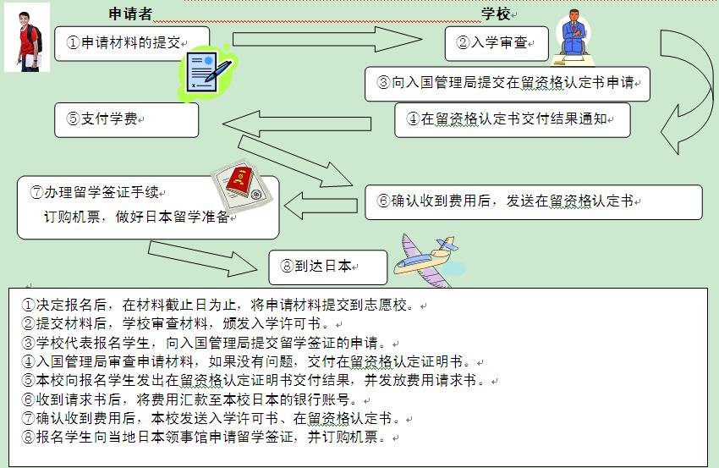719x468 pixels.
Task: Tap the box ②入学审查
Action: click(x=496, y=42)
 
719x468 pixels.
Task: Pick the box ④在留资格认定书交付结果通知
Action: click(x=513, y=119)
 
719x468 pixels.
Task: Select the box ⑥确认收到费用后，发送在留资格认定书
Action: click(x=533, y=201)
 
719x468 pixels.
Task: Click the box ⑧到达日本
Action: click(x=327, y=267)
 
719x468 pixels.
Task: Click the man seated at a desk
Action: click(x=574, y=37)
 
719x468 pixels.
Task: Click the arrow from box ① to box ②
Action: click(x=326, y=38)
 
